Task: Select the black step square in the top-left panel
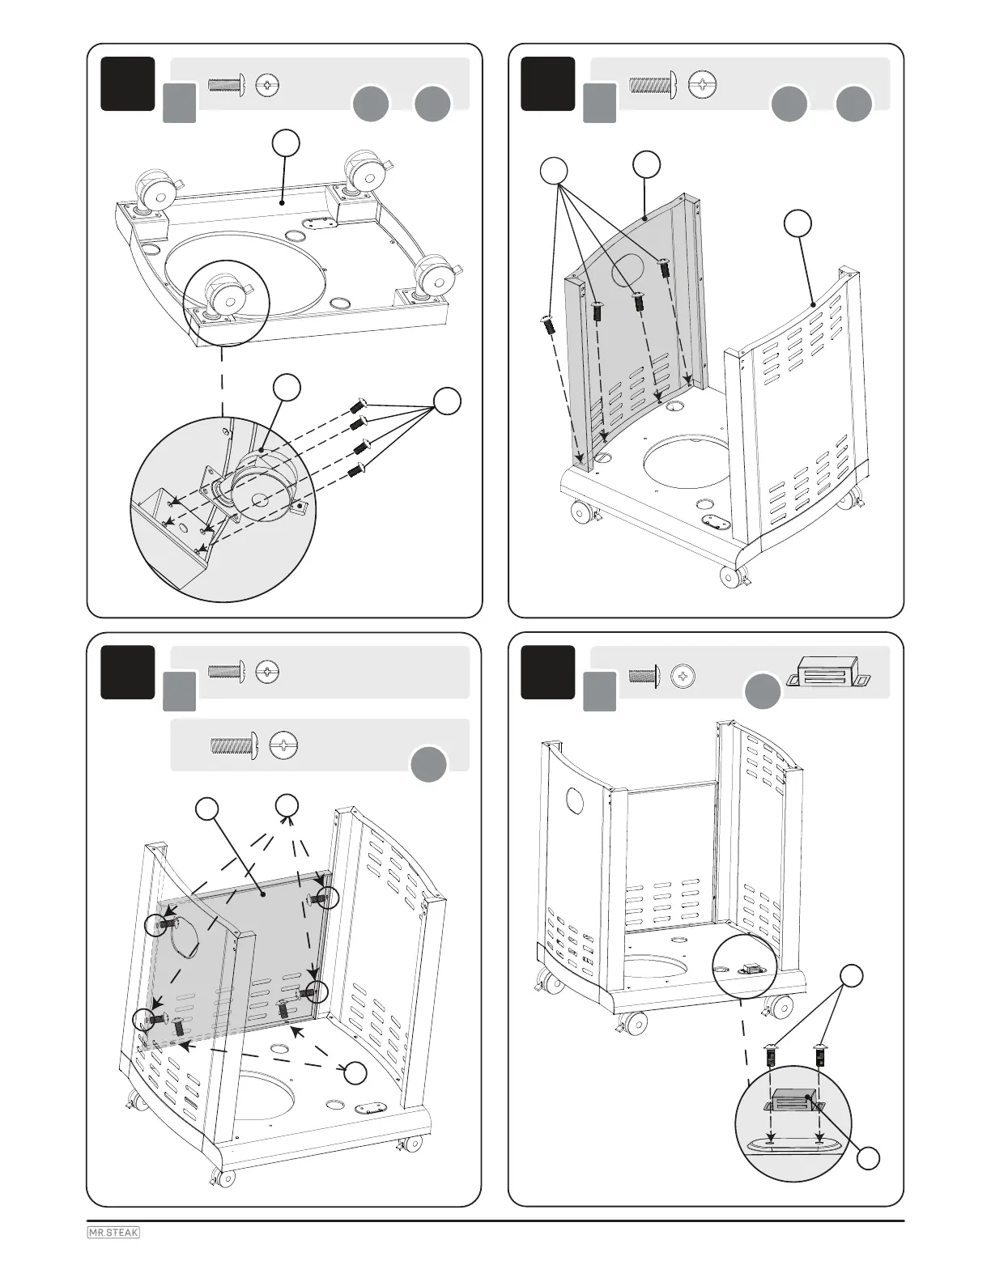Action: click(128, 83)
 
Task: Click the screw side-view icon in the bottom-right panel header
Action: click(644, 674)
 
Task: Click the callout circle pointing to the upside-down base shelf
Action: click(286, 143)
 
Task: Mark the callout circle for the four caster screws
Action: click(447, 401)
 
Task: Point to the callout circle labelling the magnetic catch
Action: click(868, 1158)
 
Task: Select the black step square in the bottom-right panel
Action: click(548, 672)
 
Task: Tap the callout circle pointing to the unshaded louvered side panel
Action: click(798, 224)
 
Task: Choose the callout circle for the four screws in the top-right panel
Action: click(553, 171)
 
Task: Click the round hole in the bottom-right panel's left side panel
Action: click(574, 801)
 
